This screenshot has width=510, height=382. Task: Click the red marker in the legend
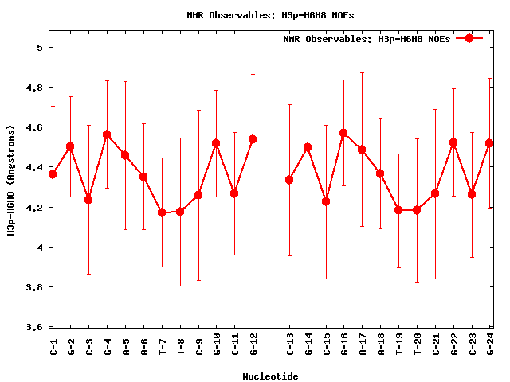[469, 38]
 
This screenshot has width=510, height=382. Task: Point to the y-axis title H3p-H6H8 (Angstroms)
[11, 179]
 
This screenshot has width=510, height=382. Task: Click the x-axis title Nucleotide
[271, 376]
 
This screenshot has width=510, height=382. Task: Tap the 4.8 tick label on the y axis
[34, 88]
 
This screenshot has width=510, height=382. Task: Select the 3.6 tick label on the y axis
[34, 327]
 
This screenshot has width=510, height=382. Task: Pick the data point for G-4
[107, 134]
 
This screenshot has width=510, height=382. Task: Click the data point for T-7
[162, 212]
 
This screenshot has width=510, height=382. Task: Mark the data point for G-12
[253, 139]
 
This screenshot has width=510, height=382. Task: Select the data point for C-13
[289, 180]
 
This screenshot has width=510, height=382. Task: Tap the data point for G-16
[343, 133]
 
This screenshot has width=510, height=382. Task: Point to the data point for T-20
[417, 210]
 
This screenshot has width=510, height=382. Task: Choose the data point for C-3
[88, 200]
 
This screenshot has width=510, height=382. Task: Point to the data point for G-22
[453, 142]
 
